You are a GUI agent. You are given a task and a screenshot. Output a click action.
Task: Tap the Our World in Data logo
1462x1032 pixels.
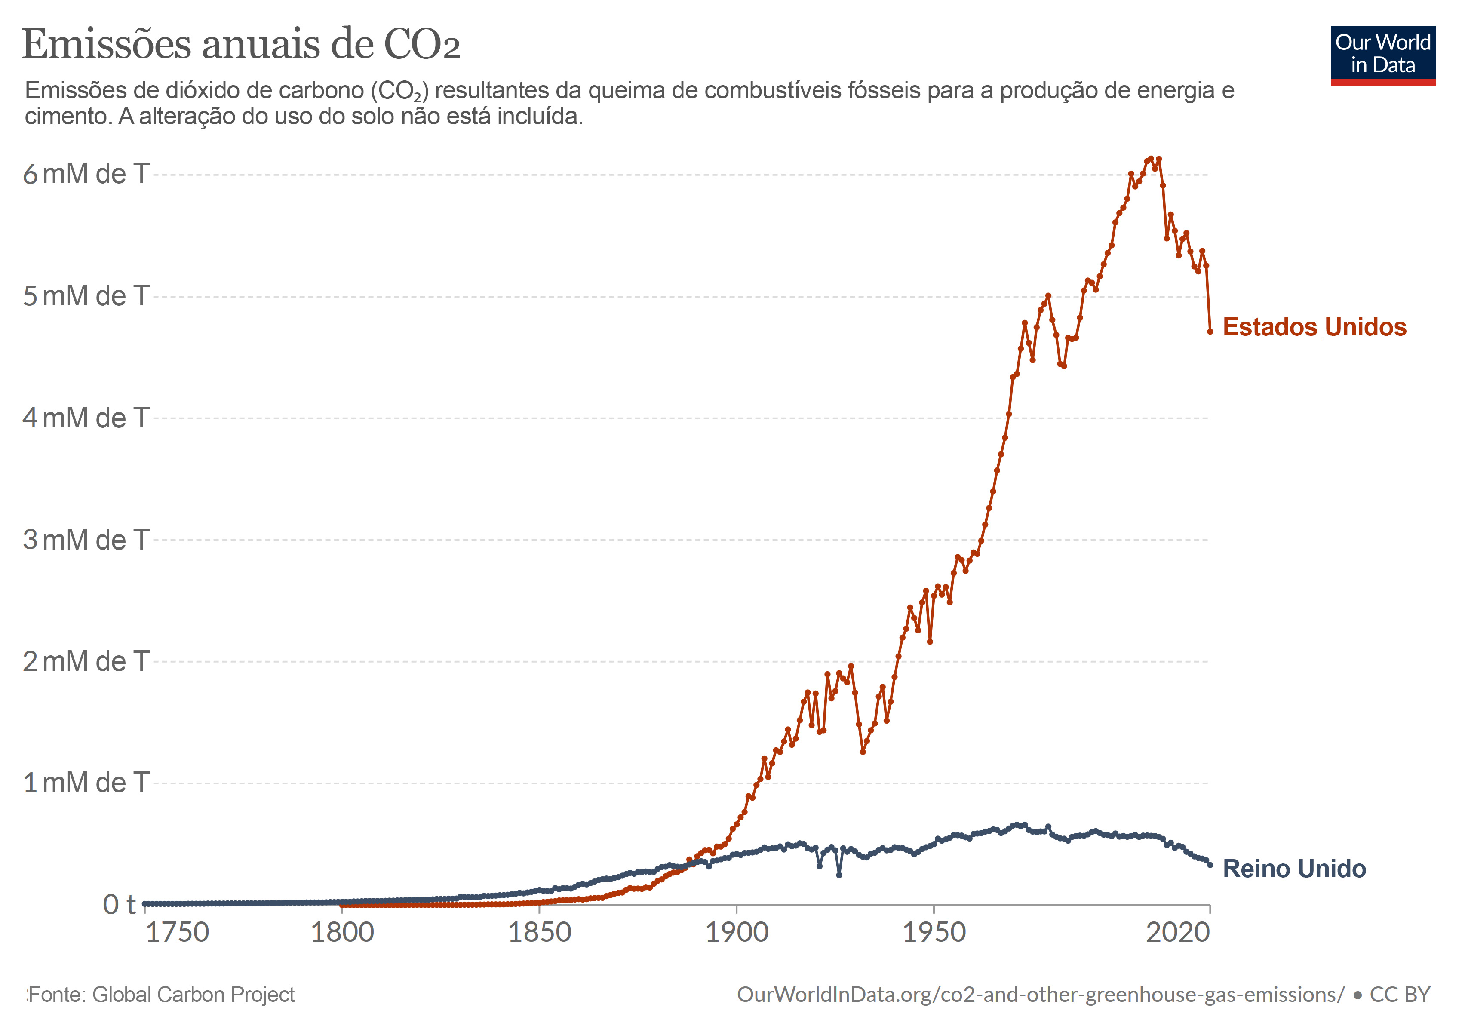coord(1383,55)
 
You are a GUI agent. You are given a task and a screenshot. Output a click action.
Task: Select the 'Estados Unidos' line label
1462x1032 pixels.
coord(1314,327)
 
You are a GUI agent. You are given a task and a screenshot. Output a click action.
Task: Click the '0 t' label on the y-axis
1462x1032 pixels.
coord(119,905)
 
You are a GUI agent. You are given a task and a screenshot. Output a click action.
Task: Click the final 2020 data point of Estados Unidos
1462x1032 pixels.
coord(1210,332)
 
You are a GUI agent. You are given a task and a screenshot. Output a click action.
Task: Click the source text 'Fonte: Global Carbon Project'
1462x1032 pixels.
coord(162,995)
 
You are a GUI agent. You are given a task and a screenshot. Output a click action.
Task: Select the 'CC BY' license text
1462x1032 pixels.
coord(1400,995)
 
